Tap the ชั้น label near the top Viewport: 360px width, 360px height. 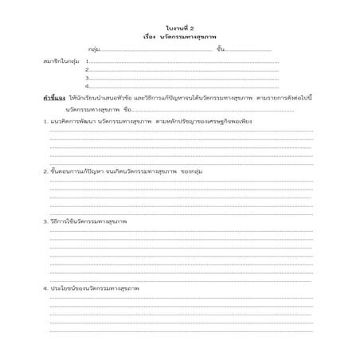point(220,49)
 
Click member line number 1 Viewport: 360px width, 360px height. point(87,61)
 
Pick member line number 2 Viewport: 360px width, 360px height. point(87,69)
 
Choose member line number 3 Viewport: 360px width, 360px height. point(87,77)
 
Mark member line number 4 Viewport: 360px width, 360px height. point(87,85)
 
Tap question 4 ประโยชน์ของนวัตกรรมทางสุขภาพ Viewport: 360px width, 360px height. point(91,287)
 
